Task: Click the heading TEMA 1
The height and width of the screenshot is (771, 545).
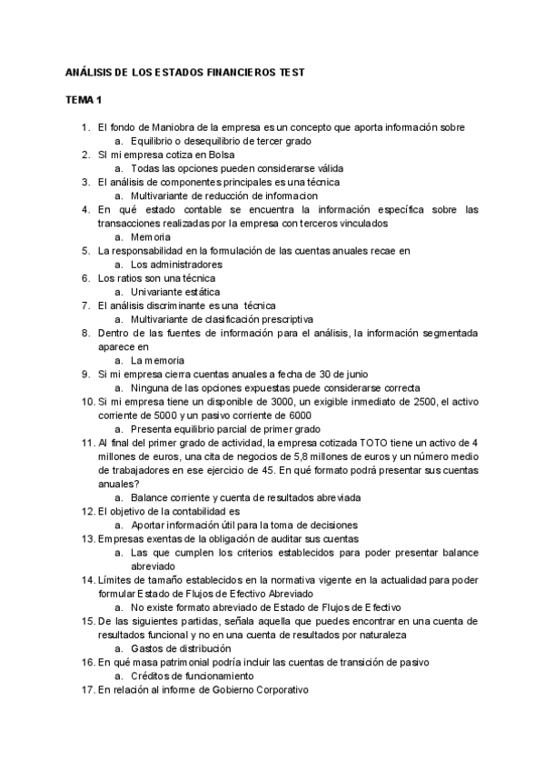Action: tap(84, 98)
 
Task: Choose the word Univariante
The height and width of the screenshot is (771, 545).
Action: tap(158, 292)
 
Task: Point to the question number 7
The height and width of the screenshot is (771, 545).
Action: tap(84, 305)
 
